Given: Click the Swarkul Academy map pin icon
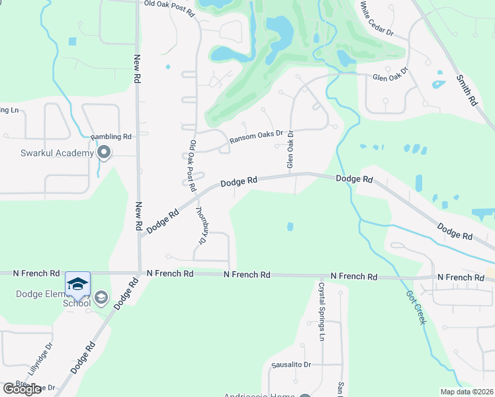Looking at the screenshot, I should click(x=104, y=153).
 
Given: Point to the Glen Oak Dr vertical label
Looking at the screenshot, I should click(x=290, y=149).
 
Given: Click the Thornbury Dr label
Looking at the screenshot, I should click(x=201, y=225).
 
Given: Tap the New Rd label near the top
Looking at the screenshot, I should click(x=137, y=68).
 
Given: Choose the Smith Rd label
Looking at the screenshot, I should click(x=467, y=90).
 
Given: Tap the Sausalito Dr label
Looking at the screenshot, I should click(x=291, y=365).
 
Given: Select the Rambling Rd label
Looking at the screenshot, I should click(x=112, y=136).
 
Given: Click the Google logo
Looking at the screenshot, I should click(x=22, y=389).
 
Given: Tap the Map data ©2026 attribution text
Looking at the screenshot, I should click(x=467, y=392).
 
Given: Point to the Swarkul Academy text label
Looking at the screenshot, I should click(x=56, y=154).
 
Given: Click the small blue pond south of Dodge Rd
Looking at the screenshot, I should click(x=291, y=227).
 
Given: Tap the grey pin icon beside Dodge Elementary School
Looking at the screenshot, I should click(x=101, y=298).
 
